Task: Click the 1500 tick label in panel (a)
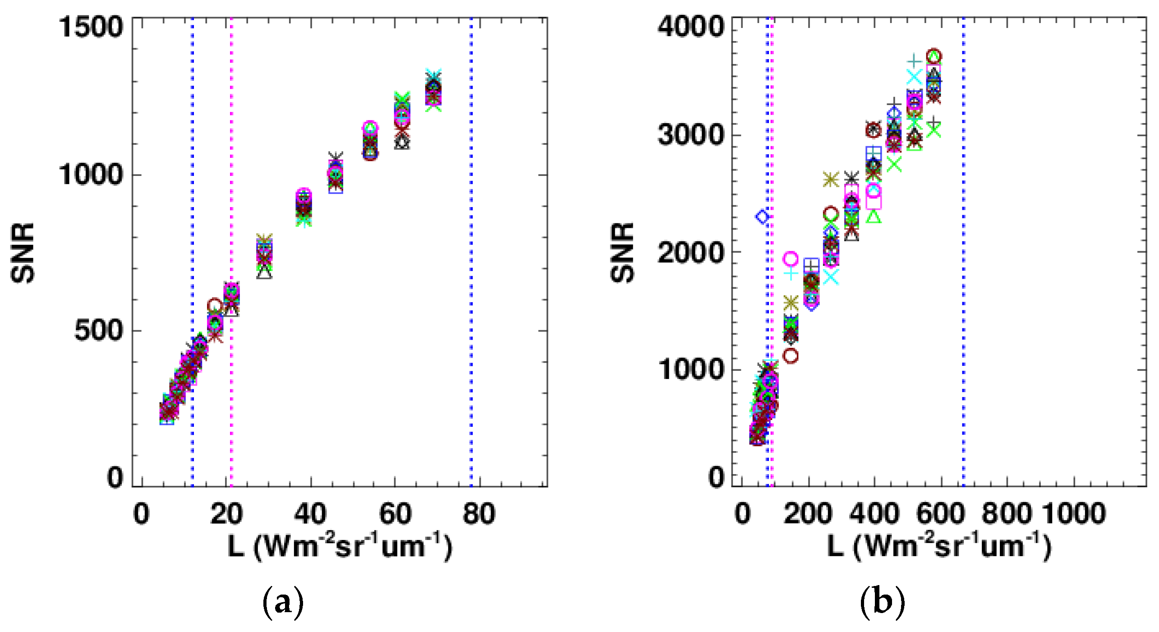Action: coord(91,27)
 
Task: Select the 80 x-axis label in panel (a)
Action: coord(479,514)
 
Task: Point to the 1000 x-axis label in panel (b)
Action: coord(1074,514)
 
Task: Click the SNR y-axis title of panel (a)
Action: coord(23,253)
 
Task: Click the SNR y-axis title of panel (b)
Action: coord(622,253)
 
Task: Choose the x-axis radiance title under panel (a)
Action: coord(339,547)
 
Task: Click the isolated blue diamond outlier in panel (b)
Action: coord(763,217)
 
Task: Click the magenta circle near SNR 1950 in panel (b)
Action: coord(790,258)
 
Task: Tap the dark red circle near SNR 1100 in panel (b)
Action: coord(791,356)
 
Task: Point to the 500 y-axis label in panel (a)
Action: coord(98,331)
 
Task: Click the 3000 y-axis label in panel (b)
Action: coord(690,134)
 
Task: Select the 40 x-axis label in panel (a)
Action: coord(310,514)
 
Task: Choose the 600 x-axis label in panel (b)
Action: coord(941,514)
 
